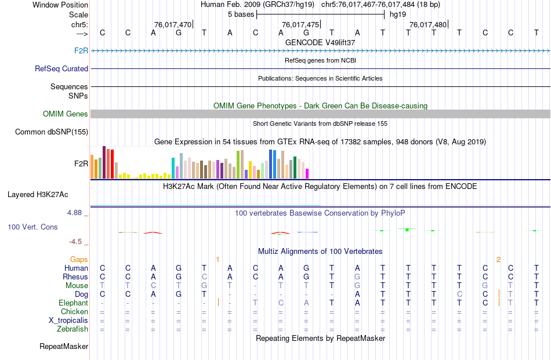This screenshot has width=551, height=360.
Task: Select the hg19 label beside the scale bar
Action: pos(398,14)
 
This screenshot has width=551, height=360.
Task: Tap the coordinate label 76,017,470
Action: pos(172,24)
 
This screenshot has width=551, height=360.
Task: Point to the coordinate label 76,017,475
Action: pos(300,24)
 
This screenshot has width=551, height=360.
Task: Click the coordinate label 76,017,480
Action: pos(427,24)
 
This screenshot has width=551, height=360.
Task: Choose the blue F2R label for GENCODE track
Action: pos(81,51)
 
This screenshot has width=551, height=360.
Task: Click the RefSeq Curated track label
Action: pos(61,68)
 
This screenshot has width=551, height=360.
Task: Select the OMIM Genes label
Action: pos(66,114)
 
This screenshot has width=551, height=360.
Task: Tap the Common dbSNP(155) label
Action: pos(52,132)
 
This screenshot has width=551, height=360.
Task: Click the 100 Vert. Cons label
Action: pos(32,227)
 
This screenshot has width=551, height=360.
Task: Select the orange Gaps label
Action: pos(79,259)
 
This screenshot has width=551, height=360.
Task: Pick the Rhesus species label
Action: pos(76,277)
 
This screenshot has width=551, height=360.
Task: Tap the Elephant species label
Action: pos(73,303)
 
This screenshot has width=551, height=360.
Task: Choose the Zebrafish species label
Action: pos(73,329)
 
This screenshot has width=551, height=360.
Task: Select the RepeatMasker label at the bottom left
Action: pos(64,347)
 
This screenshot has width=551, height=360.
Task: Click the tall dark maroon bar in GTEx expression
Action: pos(104,162)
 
